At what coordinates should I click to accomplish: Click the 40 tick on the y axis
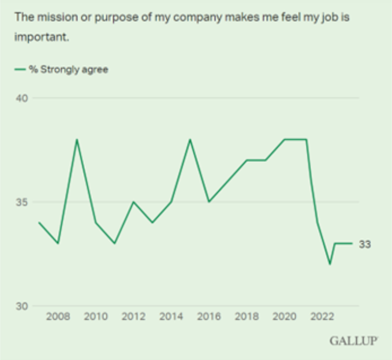22,98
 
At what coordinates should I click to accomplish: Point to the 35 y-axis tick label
22,202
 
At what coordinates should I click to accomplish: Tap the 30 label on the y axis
22,306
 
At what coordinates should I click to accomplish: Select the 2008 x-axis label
58,317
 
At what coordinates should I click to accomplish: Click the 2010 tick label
96,317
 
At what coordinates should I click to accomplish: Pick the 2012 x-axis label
133,317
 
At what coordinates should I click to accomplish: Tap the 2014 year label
171,317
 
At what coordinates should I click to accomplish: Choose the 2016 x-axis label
209,317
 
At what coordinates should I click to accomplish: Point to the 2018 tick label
247,317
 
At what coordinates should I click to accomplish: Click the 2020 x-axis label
284,317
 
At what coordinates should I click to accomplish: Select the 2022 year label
322,317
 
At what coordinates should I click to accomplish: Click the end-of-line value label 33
365,244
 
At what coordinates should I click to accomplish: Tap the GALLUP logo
354,340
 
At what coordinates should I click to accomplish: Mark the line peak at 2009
77,139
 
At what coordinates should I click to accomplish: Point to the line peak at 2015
190,139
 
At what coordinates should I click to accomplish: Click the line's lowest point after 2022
330,264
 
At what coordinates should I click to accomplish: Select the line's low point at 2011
114,243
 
